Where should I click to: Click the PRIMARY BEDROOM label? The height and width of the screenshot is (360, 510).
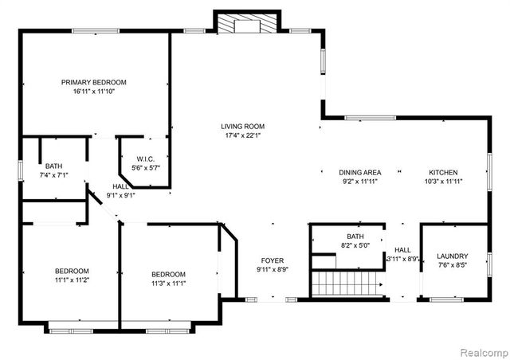point(94,82)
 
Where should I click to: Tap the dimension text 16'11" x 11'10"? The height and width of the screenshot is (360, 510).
point(94,92)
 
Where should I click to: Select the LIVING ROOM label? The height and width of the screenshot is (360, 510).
point(243,126)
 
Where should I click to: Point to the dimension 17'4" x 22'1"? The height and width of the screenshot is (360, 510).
point(243,135)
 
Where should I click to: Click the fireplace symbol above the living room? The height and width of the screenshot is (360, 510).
point(247,25)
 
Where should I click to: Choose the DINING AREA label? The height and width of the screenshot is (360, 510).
point(360,172)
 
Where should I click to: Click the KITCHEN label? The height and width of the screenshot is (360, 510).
point(443,172)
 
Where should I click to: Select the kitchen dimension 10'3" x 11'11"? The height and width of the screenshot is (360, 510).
point(443,182)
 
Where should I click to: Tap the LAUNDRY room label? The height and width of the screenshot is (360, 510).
point(453,256)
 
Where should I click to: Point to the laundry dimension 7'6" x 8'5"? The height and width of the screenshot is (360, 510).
point(453,266)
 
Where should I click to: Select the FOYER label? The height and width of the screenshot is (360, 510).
point(273,260)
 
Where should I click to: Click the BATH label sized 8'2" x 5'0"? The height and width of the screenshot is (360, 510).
point(355,237)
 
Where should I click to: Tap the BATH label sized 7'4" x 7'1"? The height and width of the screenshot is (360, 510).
point(54,166)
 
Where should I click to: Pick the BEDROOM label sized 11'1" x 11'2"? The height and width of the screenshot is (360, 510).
point(72,271)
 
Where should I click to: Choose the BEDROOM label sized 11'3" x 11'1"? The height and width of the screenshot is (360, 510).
point(169,274)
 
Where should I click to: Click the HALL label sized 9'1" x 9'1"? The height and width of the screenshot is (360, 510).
point(121,186)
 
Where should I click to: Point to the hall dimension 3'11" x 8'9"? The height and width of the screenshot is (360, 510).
point(402,259)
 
